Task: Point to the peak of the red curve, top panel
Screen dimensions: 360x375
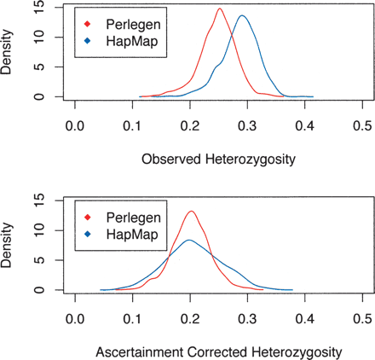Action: [219, 9]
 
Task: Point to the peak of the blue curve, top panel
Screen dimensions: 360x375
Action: [243, 16]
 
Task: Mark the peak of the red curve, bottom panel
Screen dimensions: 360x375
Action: [191, 212]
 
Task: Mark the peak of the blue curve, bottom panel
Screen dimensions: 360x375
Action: [188, 241]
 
